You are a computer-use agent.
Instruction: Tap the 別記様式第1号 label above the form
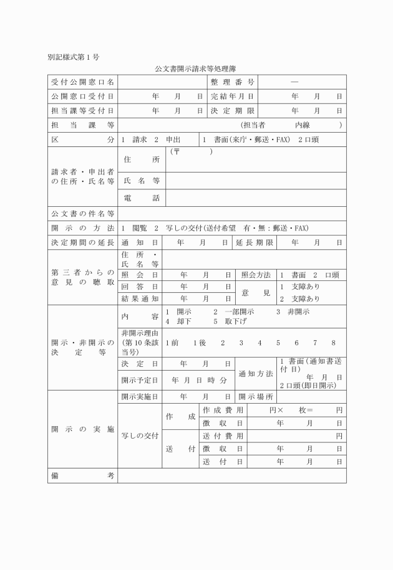[x=73, y=57]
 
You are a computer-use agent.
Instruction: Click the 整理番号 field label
[x=232, y=82]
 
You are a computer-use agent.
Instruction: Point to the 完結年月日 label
[x=232, y=97]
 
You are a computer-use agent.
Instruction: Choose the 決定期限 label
[x=232, y=111]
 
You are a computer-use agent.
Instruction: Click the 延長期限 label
[x=255, y=242]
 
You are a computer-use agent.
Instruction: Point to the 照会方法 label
[x=256, y=275]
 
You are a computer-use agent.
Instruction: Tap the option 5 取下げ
[x=230, y=321]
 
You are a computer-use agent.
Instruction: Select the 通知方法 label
[x=256, y=374]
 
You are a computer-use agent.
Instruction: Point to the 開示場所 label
[x=256, y=397]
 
